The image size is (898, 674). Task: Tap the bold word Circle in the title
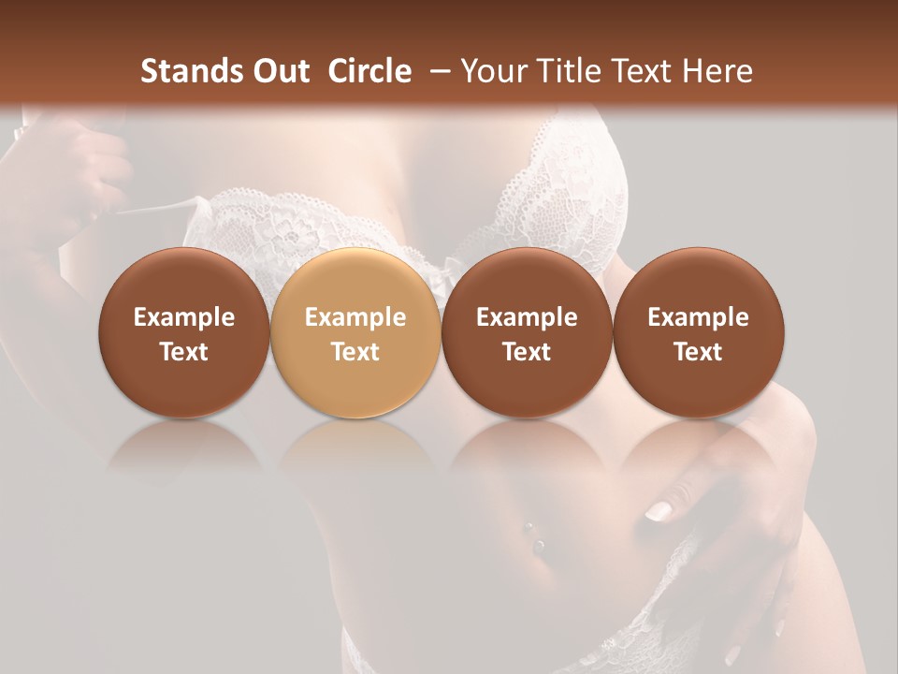click(369, 71)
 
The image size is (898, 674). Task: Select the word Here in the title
click(717, 71)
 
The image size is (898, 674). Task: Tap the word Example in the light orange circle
click(355, 317)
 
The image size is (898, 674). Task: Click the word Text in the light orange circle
click(355, 352)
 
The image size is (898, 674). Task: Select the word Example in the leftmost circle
click(184, 317)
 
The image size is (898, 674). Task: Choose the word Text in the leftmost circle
click(184, 352)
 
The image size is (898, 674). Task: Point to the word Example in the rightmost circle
click(698, 317)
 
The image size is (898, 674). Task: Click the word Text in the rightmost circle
click(698, 352)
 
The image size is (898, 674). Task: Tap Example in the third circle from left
click(527, 317)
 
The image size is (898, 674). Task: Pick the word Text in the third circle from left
click(527, 352)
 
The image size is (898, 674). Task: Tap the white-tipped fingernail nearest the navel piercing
click(659, 511)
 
